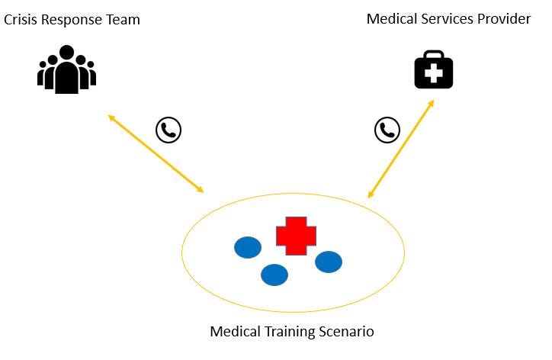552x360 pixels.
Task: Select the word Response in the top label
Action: pyautogui.click(x=70, y=21)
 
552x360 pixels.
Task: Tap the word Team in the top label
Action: pyautogui.click(x=123, y=21)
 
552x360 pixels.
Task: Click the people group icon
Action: pyautogui.click(x=67, y=70)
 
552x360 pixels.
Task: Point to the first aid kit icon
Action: pyautogui.click(x=434, y=69)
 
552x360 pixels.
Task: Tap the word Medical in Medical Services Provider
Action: pyautogui.click(x=390, y=19)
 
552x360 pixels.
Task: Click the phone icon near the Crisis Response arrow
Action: pyautogui.click(x=168, y=130)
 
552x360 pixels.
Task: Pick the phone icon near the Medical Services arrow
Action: pyautogui.click(x=387, y=130)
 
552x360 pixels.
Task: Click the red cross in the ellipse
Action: pyautogui.click(x=296, y=236)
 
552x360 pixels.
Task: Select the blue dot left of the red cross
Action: pyautogui.click(x=248, y=247)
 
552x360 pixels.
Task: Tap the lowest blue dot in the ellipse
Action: pyautogui.click(x=274, y=275)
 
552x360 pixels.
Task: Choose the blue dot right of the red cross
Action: pyautogui.click(x=329, y=262)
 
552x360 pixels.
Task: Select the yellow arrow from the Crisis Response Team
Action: pyautogui.click(x=156, y=154)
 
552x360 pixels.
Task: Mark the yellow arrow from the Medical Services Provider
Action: pyautogui.click(x=401, y=149)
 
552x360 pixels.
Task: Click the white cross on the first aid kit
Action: pyautogui.click(x=434, y=74)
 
